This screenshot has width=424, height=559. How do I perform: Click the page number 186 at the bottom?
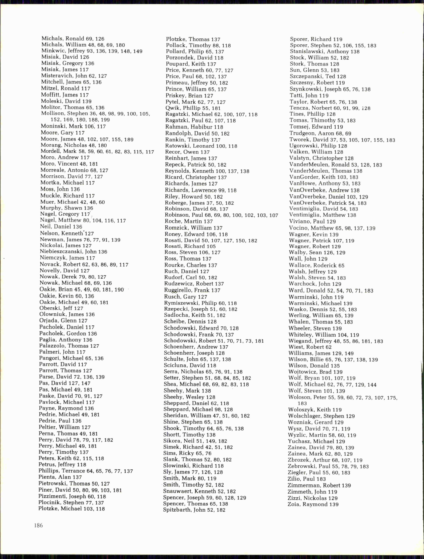(x=38, y=525)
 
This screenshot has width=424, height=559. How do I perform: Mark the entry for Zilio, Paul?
(x=307, y=479)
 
